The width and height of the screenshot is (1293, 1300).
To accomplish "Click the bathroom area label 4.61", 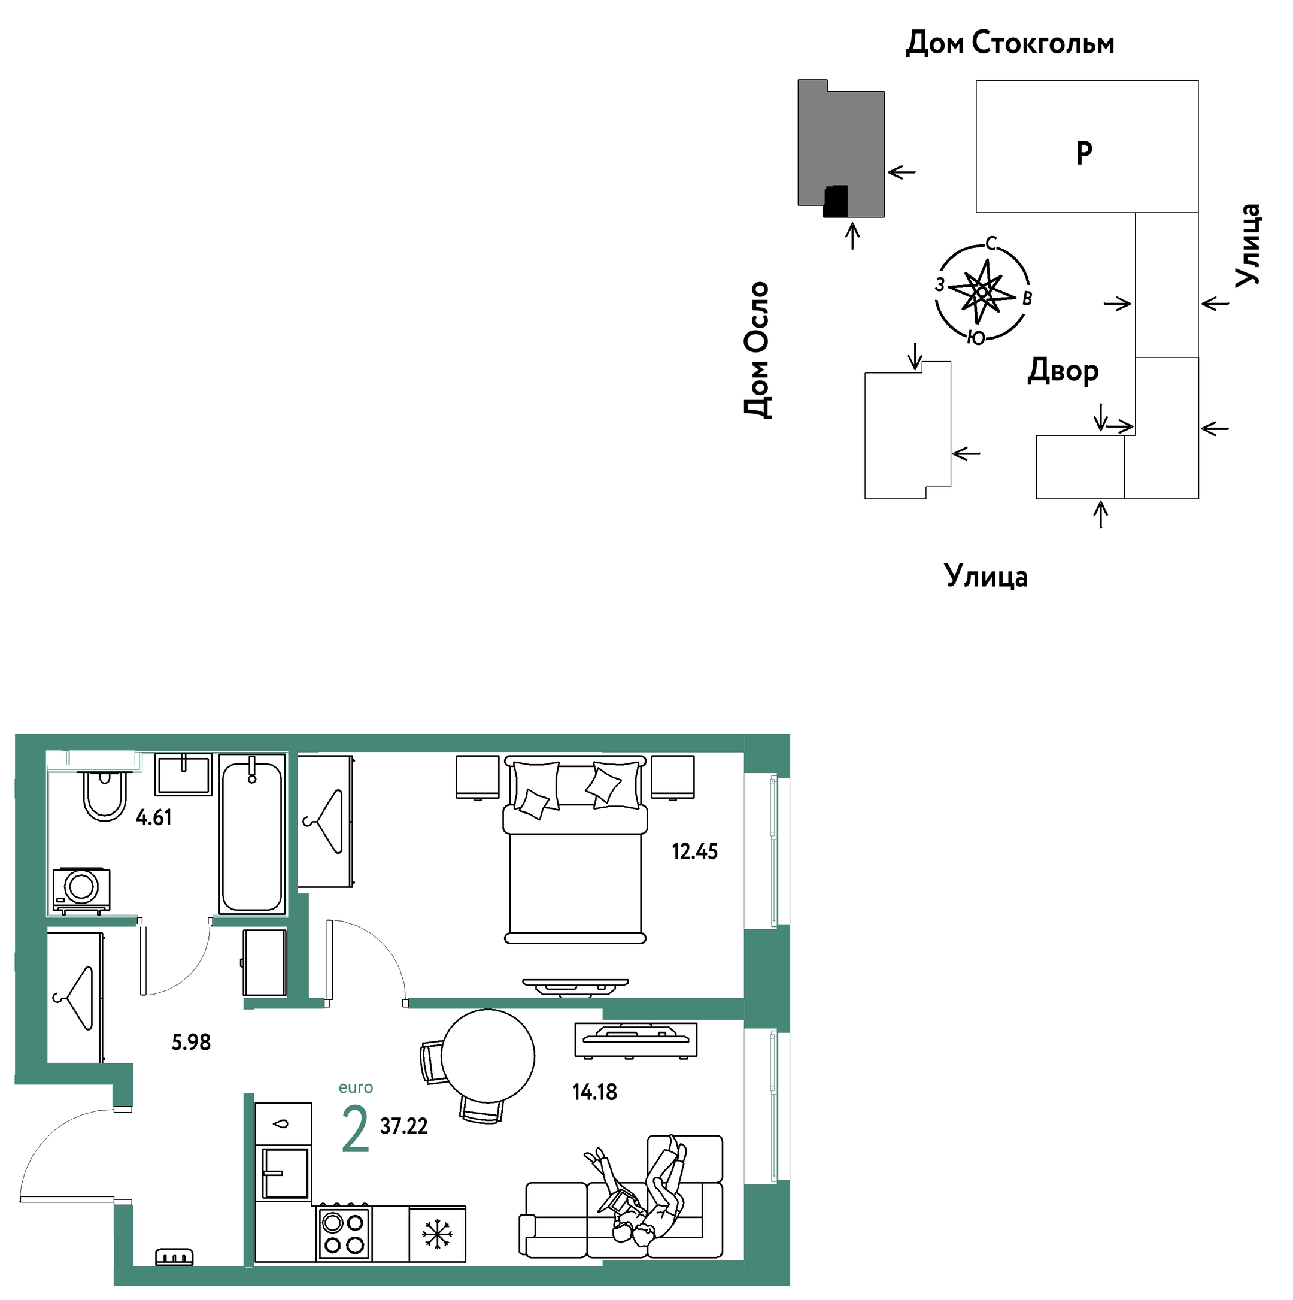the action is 153,817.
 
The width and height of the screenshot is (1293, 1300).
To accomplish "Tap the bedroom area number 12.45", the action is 694,852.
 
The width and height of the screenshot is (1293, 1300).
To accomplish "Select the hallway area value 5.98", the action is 191,1043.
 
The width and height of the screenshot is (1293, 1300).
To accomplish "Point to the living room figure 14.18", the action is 594,1092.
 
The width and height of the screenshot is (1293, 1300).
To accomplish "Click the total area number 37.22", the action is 403,1126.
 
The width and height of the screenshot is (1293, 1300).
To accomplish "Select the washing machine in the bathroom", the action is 81,890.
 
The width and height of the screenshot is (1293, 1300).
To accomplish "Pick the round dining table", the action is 488,1056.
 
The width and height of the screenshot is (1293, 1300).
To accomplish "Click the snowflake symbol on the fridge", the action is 437,1235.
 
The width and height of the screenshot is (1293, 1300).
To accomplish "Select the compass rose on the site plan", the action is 983,292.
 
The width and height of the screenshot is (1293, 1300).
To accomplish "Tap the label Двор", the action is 1063,371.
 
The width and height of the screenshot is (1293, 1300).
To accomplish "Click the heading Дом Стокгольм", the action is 1010,43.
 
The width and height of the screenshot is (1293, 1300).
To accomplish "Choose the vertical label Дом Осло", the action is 757,350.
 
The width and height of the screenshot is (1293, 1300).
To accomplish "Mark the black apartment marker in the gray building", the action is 836,202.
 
